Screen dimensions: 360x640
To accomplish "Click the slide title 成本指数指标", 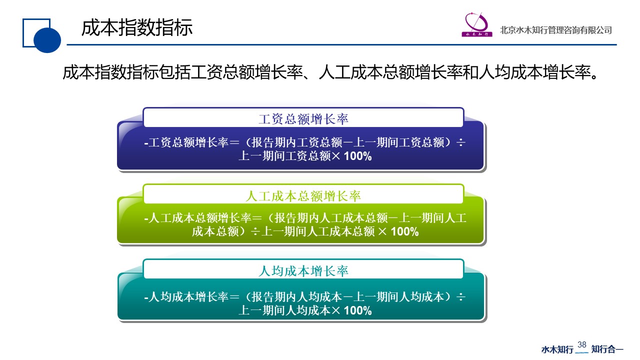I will tap(136, 28).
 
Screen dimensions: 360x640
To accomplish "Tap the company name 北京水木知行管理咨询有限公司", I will tap(555, 30).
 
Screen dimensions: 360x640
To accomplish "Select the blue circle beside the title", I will tap(47, 39).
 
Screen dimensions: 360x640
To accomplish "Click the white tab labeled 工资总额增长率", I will tap(303, 118).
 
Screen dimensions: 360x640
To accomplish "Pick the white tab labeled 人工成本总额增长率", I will tap(303, 195).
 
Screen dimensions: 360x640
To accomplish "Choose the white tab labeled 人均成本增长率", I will tap(303, 270).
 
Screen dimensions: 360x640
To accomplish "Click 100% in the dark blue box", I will tap(358, 156).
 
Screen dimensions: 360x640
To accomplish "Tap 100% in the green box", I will tap(404, 232).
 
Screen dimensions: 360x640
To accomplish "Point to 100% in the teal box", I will tap(358, 310).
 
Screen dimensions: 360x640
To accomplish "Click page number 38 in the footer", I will tap(581, 344).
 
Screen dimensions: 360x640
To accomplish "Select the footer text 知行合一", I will tap(607, 349).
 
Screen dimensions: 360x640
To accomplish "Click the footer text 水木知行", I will tap(557, 349).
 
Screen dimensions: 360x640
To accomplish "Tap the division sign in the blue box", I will tap(461, 143).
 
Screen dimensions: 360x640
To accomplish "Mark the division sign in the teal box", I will tap(461, 297).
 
